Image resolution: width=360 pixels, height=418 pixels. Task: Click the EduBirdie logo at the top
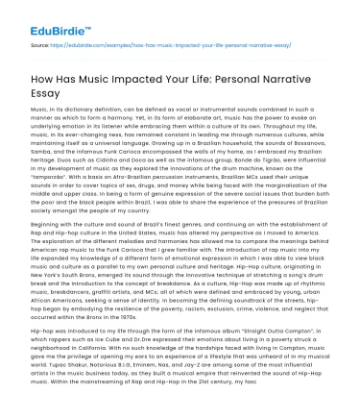[x=48, y=19]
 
